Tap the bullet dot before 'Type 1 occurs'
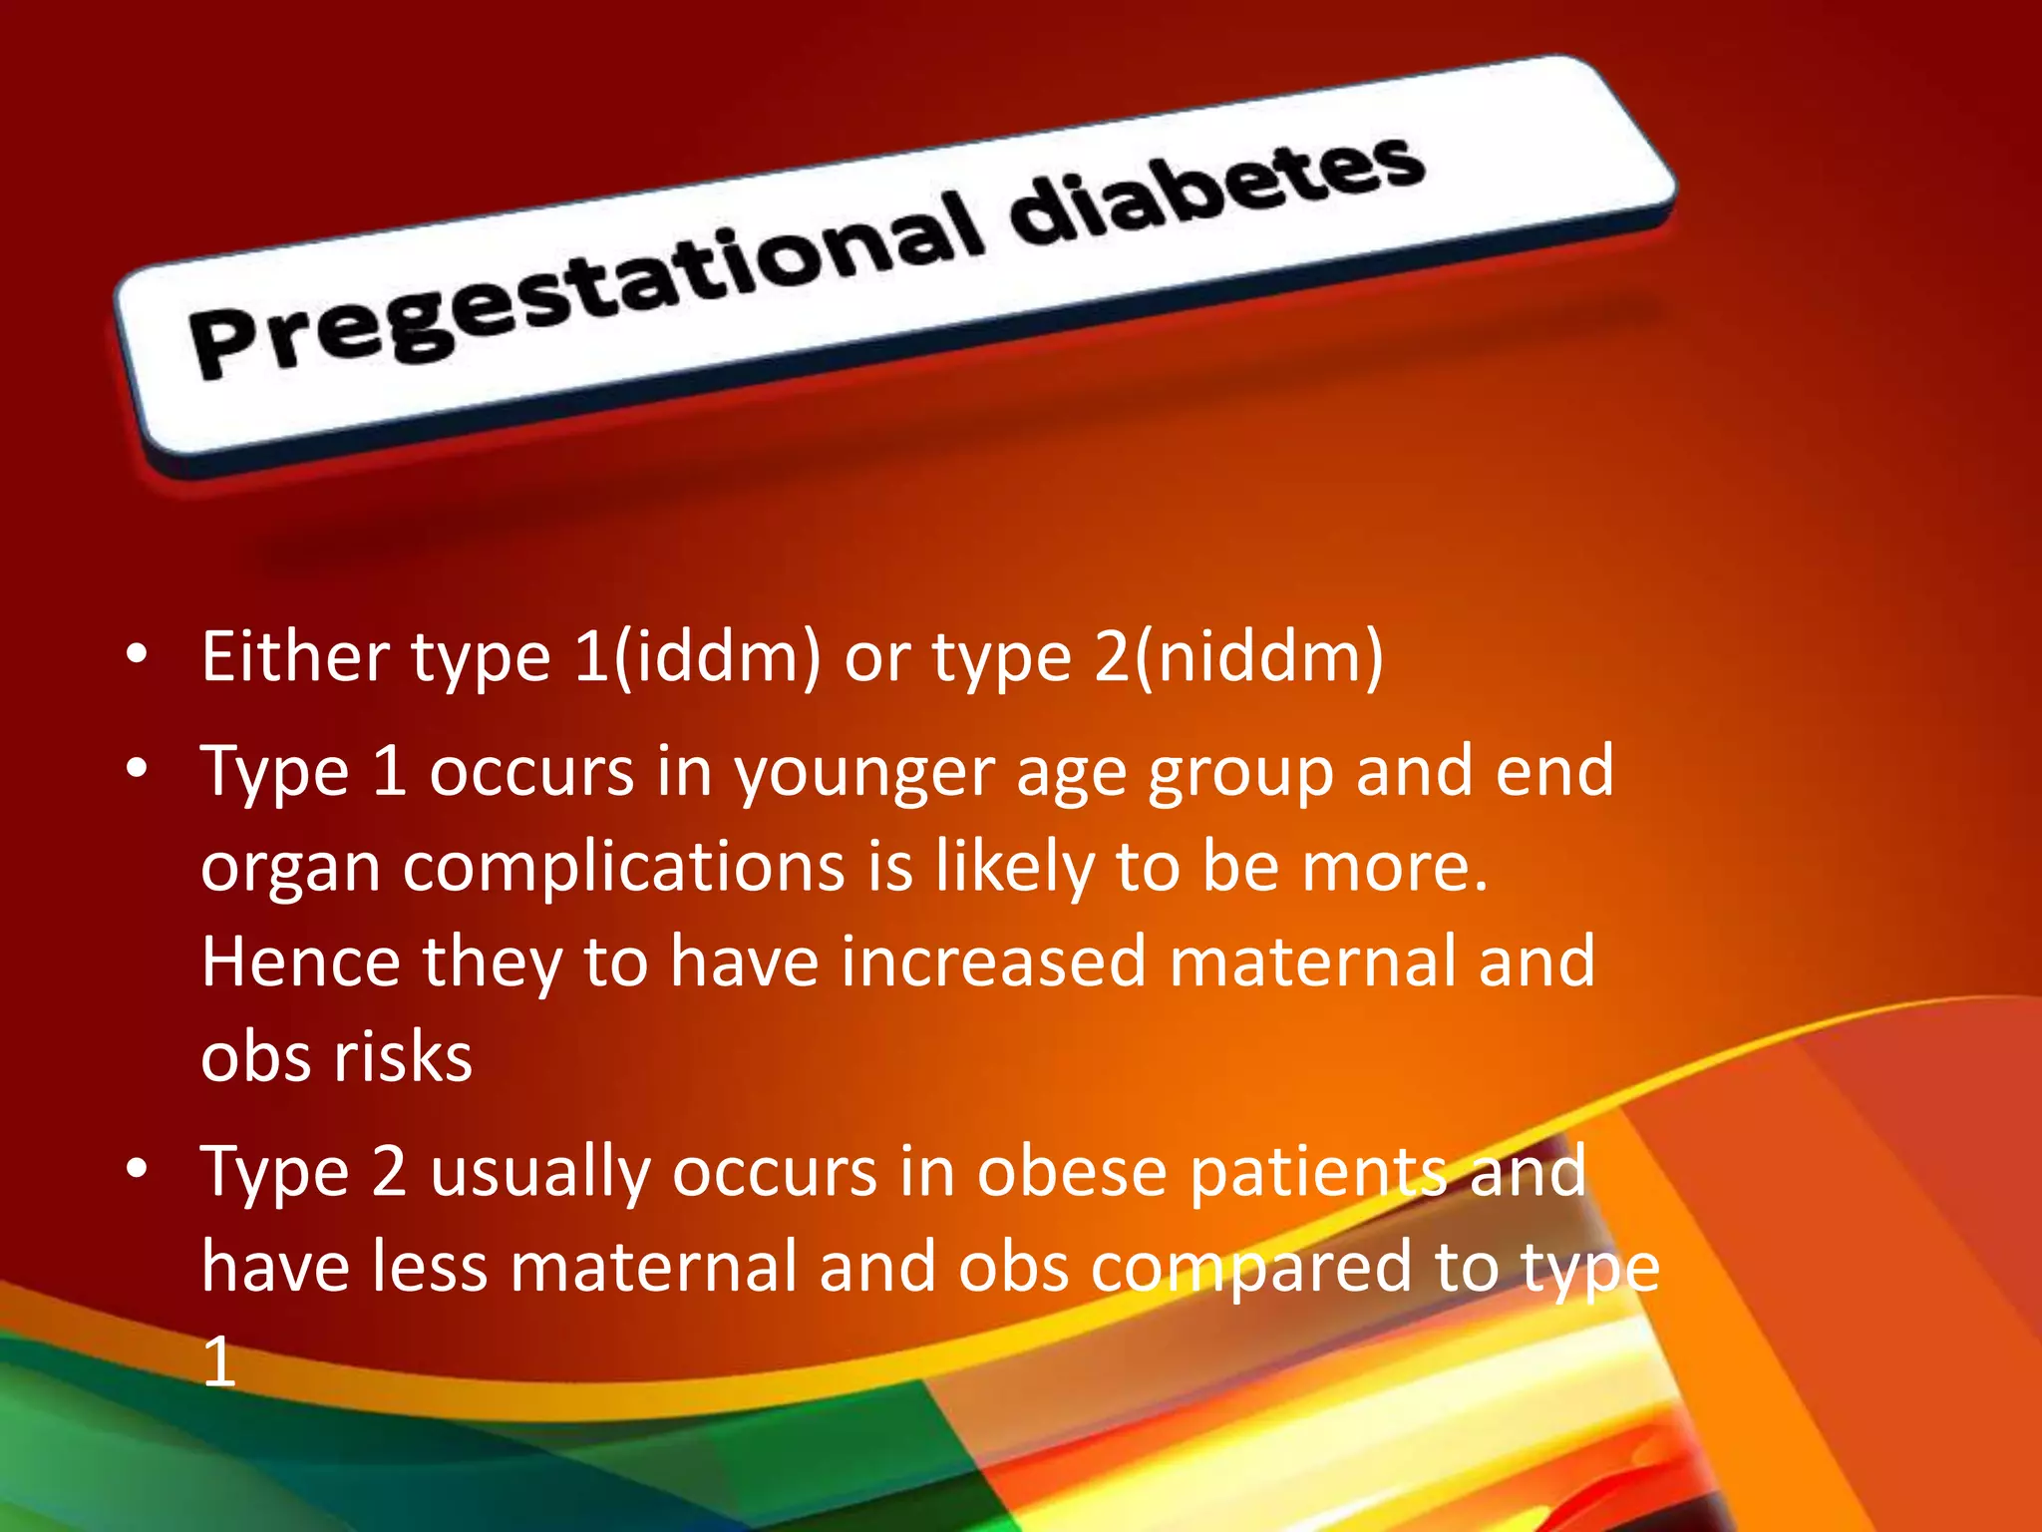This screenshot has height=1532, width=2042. click(x=138, y=768)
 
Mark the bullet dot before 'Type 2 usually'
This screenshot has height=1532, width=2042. click(x=138, y=1167)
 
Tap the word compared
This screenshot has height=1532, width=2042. click(x=1252, y=1269)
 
